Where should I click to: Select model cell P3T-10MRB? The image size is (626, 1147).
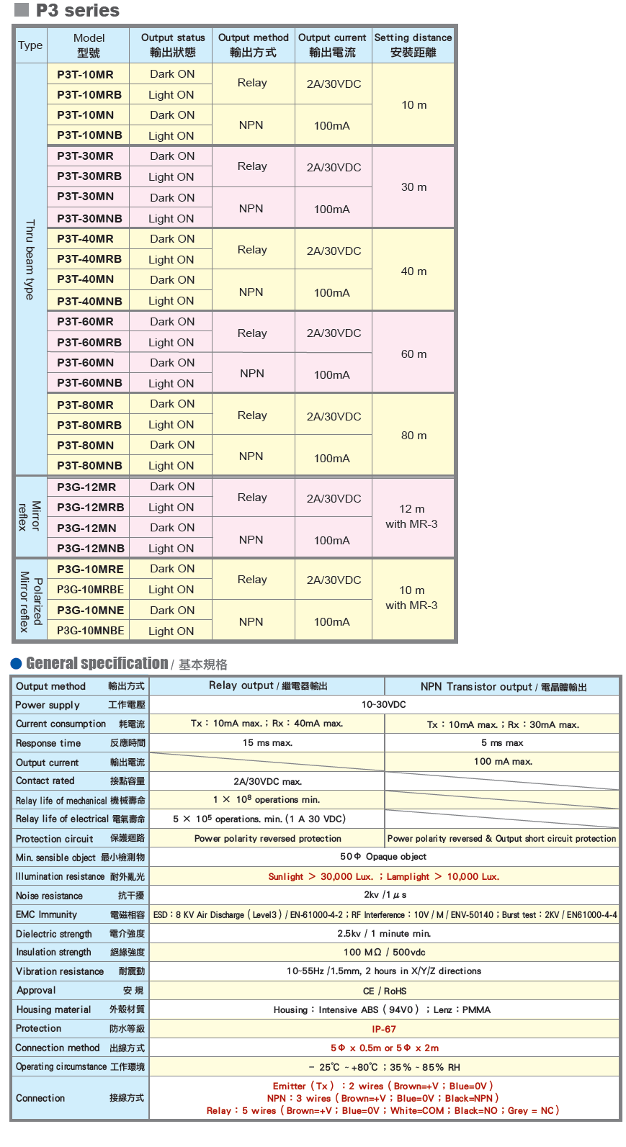point(89,94)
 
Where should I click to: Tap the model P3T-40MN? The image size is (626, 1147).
point(86,279)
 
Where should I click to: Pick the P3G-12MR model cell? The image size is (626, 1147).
point(86,487)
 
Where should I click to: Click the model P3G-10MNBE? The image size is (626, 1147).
point(91,631)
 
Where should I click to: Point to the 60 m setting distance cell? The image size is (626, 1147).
point(413,354)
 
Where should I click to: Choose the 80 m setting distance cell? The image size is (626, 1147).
point(413,436)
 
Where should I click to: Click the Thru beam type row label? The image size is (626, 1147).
point(30,259)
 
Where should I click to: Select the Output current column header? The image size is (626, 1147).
point(332,45)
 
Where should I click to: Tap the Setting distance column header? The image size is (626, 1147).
point(413,45)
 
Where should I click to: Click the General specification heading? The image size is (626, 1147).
point(97,663)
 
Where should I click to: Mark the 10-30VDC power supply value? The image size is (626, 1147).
point(383,704)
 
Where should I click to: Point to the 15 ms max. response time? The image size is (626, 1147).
point(267,742)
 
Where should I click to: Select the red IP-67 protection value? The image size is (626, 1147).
point(383,1029)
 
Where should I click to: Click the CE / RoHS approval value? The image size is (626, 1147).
point(384,991)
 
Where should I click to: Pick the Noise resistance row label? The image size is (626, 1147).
point(50,896)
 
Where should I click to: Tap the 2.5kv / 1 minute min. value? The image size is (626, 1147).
point(384,933)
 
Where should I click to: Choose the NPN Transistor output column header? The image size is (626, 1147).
point(503,686)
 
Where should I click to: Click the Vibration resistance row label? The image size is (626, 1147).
point(60,971)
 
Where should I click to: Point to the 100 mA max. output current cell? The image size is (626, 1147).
point(503,761)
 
